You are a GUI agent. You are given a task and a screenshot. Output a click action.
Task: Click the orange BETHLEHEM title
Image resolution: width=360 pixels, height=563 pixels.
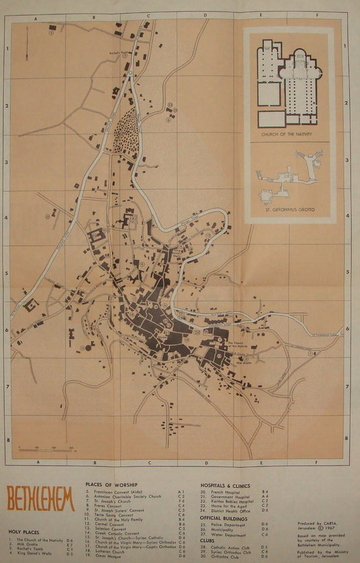(x=41, y=499)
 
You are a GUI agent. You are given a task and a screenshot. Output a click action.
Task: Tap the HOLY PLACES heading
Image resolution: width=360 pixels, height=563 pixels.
(x=21, y=532)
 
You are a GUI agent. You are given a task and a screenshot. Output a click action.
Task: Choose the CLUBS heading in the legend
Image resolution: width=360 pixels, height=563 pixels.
(x=207, y=540)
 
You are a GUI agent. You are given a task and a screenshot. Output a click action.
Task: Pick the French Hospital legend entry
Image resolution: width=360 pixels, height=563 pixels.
(x=226, y=491)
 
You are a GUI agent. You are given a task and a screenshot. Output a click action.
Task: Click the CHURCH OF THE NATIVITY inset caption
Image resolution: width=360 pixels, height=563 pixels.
(x=288, y=135)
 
